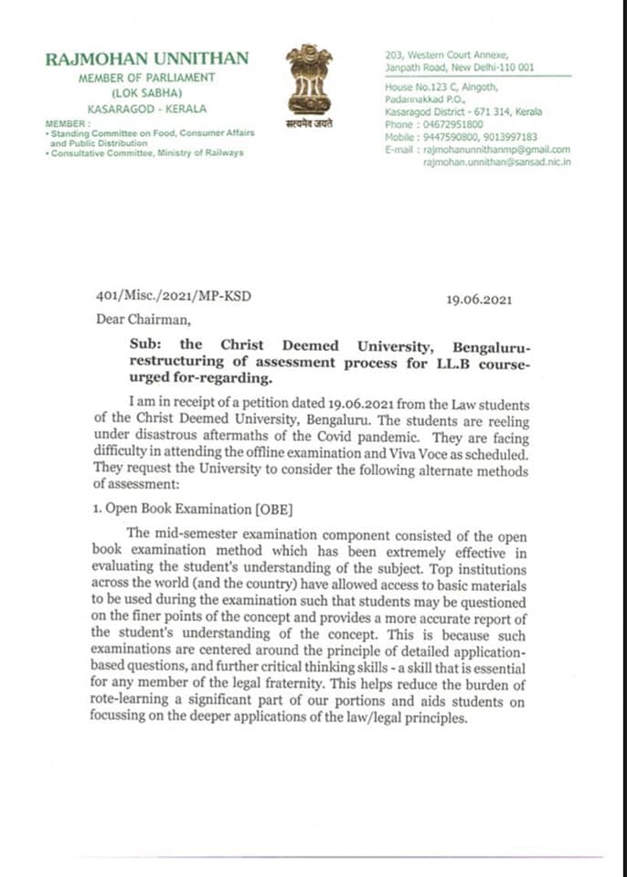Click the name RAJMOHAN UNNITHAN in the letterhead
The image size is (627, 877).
pyautogui.click(x=146, y=58)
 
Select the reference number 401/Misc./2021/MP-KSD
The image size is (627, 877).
pyautogui.click(x=173, y=297)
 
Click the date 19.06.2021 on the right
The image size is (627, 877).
pyautogui.click(x=479, y=300)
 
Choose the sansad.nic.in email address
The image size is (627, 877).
pyautogui.click(x=496, y=162)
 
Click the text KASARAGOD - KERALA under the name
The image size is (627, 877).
pyautogui.click(x=146, y=108)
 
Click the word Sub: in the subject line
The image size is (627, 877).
pyautogui.click(x=146, y=345)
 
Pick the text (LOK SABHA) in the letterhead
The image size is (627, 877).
pyautogui.click(x=146, y=93)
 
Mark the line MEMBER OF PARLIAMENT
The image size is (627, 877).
pyautogui.click(x=146, y=78)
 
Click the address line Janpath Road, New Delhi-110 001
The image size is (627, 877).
pyautogui.click(x=460, y=67)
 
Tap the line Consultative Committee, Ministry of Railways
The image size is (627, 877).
pyautogui.click(x=146, y=153)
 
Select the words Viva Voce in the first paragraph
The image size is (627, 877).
pyautogui.click(x=394, y=453)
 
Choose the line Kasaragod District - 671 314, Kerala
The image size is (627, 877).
pyautogui.click(x=463, y=112)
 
